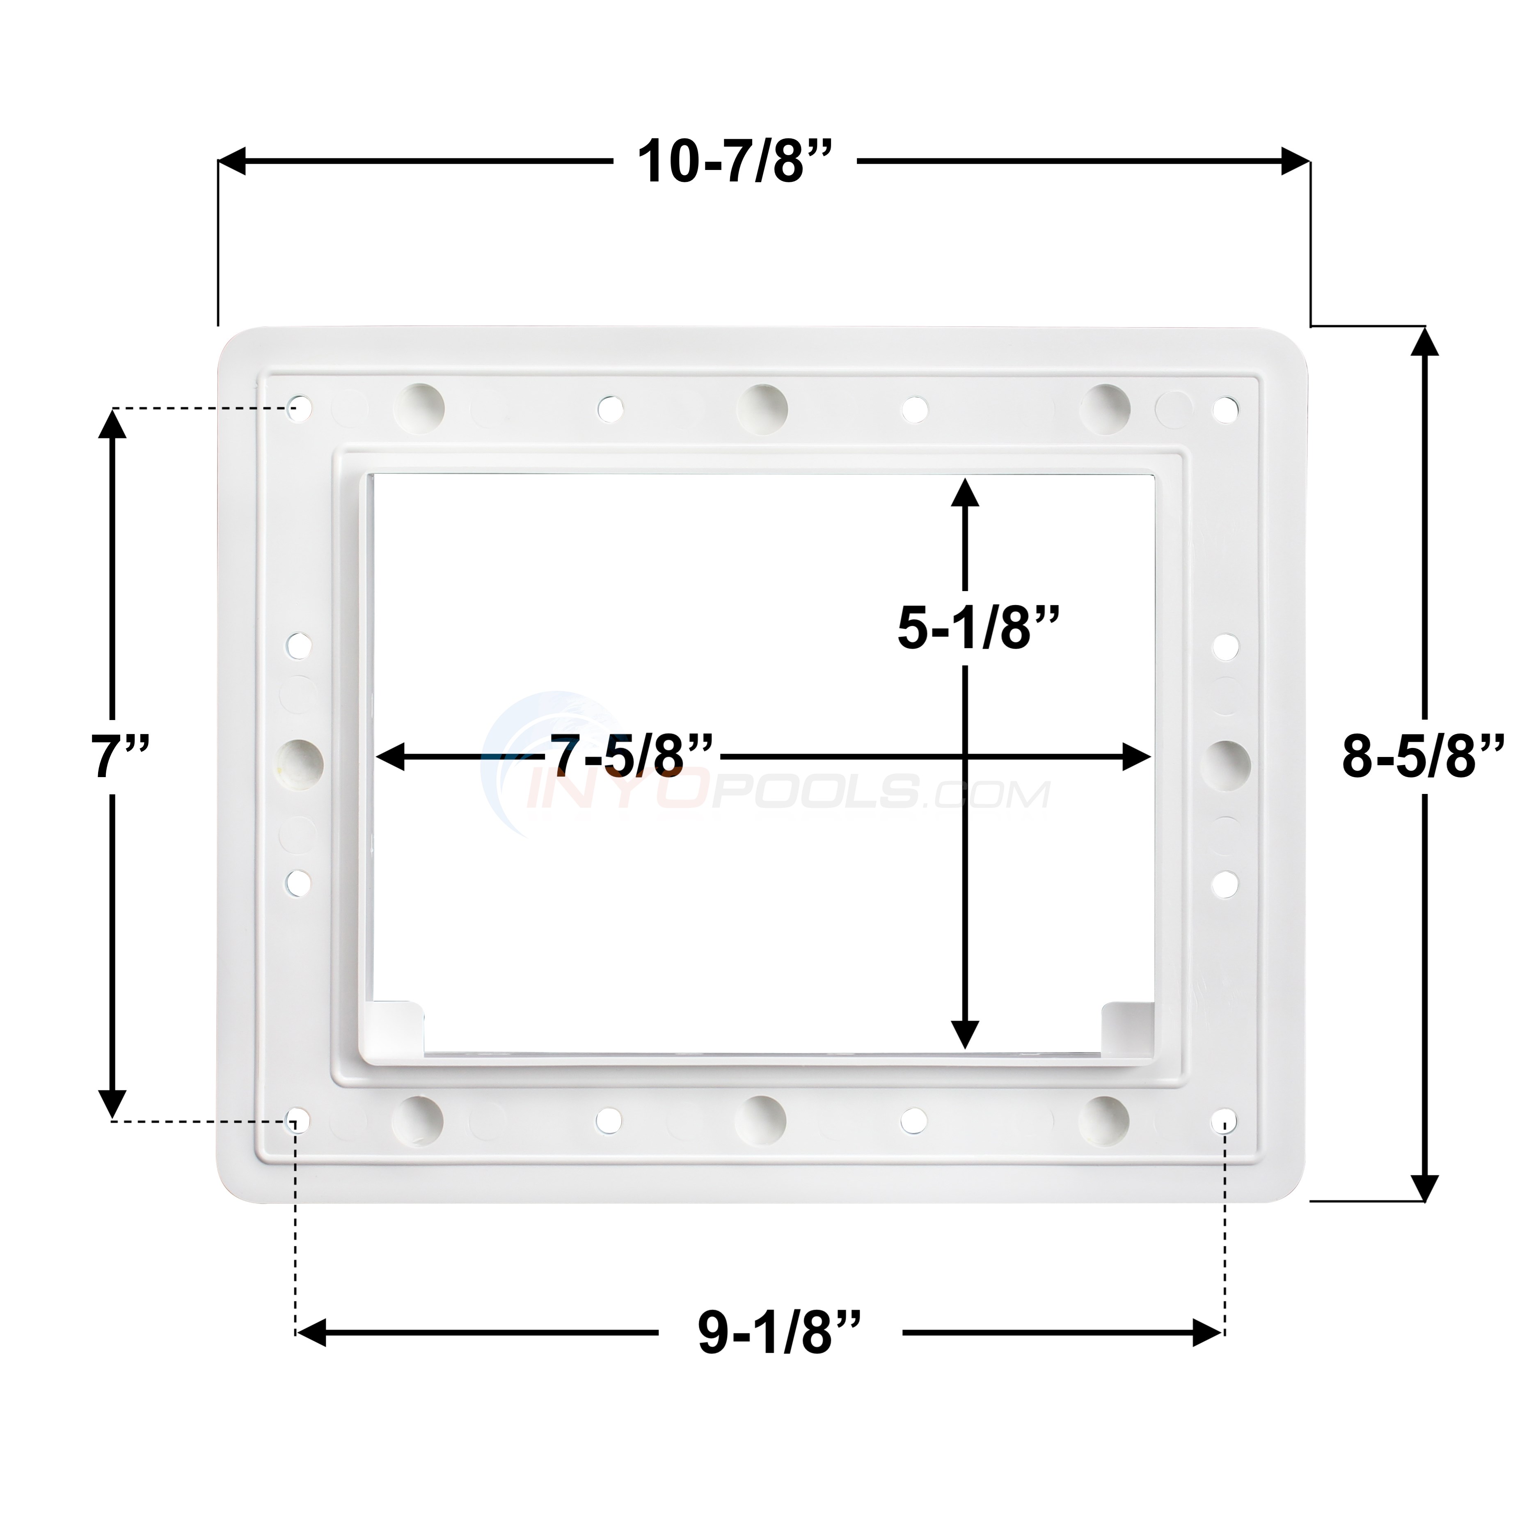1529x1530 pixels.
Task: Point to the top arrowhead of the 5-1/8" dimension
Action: [x=964, y=493]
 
